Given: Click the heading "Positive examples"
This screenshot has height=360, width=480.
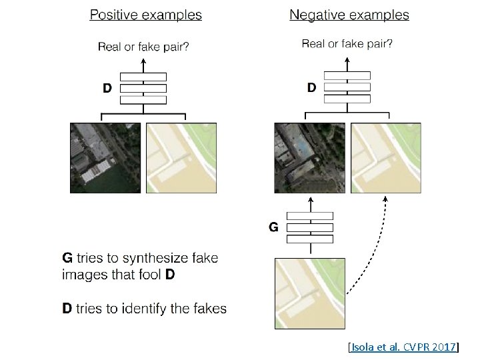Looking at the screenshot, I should (146, 14).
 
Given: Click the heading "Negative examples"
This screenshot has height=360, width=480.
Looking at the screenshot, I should (349, 14).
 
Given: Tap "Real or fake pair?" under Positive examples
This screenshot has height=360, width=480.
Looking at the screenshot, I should (143, 46).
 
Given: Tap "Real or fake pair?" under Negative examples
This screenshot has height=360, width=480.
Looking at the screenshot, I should (347, 44).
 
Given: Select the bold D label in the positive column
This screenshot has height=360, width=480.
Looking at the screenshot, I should (107, 88).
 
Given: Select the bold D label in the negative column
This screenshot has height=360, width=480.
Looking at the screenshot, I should (311, 87).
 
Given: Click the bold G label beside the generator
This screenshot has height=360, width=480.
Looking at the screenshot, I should (273, 227).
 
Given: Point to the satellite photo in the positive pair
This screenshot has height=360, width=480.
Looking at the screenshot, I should (105, 158).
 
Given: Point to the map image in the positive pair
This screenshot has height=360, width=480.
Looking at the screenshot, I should (181, 158).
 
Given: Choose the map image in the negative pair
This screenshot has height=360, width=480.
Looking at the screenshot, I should (385, 158).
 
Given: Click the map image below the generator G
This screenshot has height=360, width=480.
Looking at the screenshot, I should (310, 293).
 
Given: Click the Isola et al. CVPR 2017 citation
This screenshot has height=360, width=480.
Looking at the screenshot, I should (403, 347).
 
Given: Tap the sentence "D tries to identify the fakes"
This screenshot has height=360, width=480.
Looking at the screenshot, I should (144, 308).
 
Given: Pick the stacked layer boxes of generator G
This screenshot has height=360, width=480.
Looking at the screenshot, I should (309, 227).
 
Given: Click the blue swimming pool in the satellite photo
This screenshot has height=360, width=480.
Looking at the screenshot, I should (301, 145).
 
